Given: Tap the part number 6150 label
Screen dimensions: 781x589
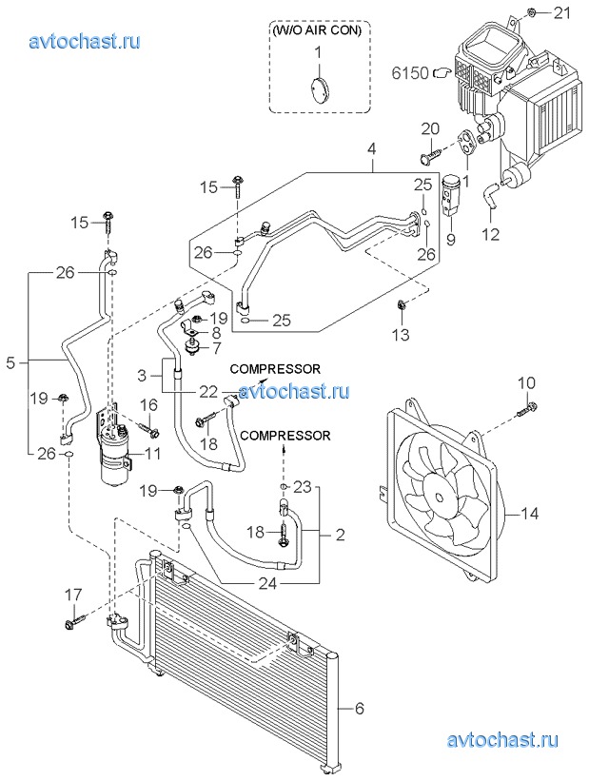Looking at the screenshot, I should click(411, 71).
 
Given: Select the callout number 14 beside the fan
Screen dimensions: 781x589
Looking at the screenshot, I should click(529, 514).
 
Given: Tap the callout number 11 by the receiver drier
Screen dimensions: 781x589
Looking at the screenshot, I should click(152, 454).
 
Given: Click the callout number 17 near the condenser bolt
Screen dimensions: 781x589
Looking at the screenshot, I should click(74, 595).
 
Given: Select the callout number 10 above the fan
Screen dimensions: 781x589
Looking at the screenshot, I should click(528, 382).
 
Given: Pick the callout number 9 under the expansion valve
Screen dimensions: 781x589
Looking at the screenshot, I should click(451, 240).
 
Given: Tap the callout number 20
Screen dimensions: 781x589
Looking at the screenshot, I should click(429, 128).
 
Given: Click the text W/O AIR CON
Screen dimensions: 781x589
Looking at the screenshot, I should click(318, 29).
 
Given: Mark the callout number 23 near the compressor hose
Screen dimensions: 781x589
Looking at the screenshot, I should click(303, 486).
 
